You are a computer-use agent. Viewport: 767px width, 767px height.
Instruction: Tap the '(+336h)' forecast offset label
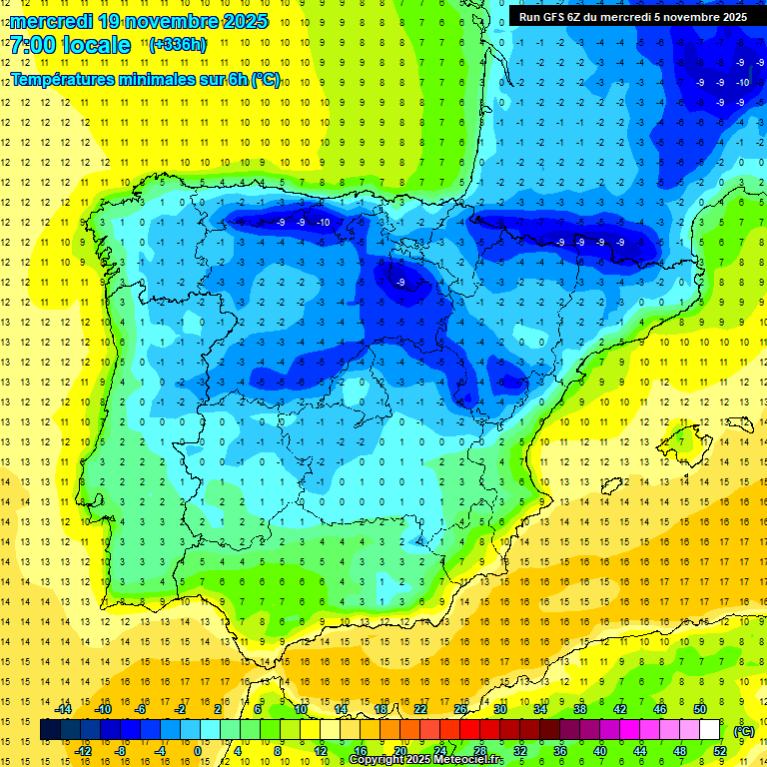177,44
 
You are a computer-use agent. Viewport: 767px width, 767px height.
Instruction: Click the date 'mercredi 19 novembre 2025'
140,20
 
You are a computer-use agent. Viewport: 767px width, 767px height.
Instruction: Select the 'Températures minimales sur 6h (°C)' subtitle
146,80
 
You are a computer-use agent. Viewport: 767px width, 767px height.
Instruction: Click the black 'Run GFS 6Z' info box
633,17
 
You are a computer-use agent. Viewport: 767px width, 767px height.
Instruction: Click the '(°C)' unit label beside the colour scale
744,731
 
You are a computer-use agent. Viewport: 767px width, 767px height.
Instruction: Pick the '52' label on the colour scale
720,751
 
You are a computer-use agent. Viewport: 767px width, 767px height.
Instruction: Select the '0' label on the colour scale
198,751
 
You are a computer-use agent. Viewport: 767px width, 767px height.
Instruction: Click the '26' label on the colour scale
460,709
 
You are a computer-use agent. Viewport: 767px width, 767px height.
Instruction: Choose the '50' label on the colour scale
700,709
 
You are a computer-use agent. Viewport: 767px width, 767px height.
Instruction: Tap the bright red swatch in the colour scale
470,730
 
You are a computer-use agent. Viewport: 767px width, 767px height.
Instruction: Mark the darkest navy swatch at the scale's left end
51,730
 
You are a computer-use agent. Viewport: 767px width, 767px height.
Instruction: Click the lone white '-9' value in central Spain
399,283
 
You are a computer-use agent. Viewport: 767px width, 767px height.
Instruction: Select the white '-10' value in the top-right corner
742,82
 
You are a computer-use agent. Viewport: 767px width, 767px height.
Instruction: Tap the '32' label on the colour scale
520,751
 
